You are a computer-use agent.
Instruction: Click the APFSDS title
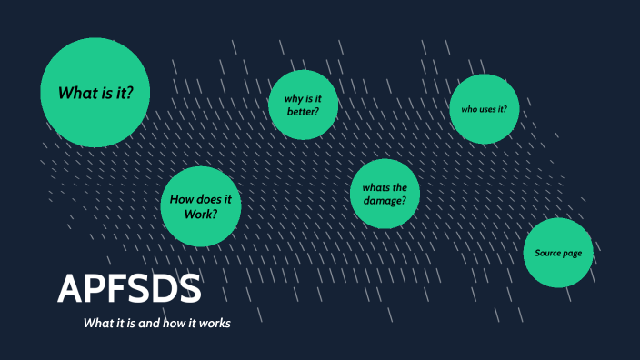click(x=129, y=289)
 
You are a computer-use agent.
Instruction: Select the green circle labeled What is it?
click(x=95, y=93)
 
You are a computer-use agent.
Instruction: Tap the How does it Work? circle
click(x=201, y=206)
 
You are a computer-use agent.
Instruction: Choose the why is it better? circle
click(x=304, y=105)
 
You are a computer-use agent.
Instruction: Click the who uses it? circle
click(x=484, y=109)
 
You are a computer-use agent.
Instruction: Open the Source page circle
click(x=558, y=252)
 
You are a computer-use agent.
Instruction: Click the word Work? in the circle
click(x=201, y=214)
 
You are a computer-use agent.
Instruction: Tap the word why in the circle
click(x=291, y=97)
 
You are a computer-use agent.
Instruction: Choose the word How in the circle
click(x=184, y=200)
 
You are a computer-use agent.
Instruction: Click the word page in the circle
click(x=571, y=253)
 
